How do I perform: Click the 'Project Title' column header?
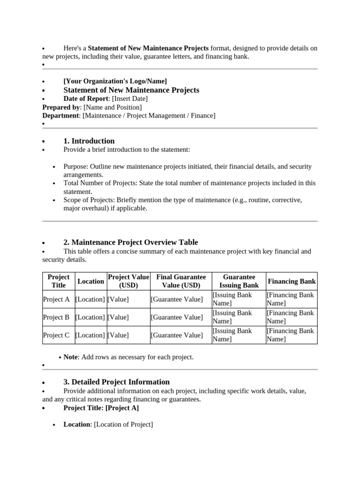(59, 281)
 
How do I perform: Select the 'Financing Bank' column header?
(292, 281)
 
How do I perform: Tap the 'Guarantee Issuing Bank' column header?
(239, 281)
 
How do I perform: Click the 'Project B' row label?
(56, 317)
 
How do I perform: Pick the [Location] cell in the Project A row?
(90, 300)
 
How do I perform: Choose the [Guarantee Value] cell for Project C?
(177, 335)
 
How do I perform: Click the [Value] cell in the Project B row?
(118, 317)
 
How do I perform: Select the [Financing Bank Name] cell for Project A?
(290, 299)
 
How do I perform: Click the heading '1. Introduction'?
(89, 141)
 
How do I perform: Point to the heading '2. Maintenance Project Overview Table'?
(130, 242)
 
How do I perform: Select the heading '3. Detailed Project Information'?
(116, 382)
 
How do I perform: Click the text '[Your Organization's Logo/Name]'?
(115, 81)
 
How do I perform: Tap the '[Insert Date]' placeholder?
(130, 99)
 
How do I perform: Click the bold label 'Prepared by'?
(61, 107)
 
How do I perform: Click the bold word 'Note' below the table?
(70, 357)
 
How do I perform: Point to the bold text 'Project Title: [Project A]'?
(101, 408)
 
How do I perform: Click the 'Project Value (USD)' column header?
(128, 281)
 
